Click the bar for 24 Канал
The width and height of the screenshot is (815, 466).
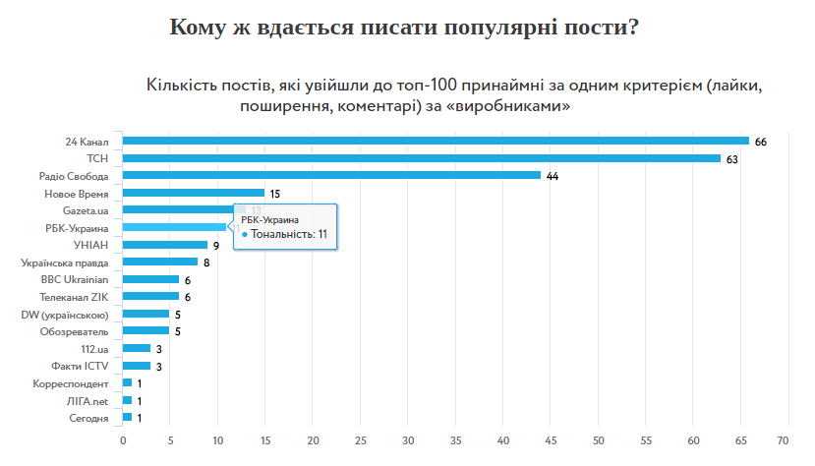[x=436, y=141]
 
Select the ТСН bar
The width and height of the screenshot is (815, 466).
[x=421, y=158]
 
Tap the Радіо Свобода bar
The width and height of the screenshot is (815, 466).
[x=331, y=175]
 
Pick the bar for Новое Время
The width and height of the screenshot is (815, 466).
[x=194, y=193]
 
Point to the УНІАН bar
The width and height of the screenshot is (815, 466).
[x=165, y=245]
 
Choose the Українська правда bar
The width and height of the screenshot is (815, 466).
[x=160, y=262]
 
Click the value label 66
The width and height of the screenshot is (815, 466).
[x=761, y=142]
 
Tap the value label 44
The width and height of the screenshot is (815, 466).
[x=553, y=176]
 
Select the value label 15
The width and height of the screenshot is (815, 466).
[x=275, y=194]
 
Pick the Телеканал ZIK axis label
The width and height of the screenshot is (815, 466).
[x=74, y=297]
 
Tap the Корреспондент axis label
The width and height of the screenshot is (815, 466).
[x=70, y=382]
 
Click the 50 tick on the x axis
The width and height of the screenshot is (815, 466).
[x=599, y=439]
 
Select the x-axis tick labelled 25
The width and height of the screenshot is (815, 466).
[x=361, y=439]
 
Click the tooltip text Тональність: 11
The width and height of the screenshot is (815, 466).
[x=288, y=235]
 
